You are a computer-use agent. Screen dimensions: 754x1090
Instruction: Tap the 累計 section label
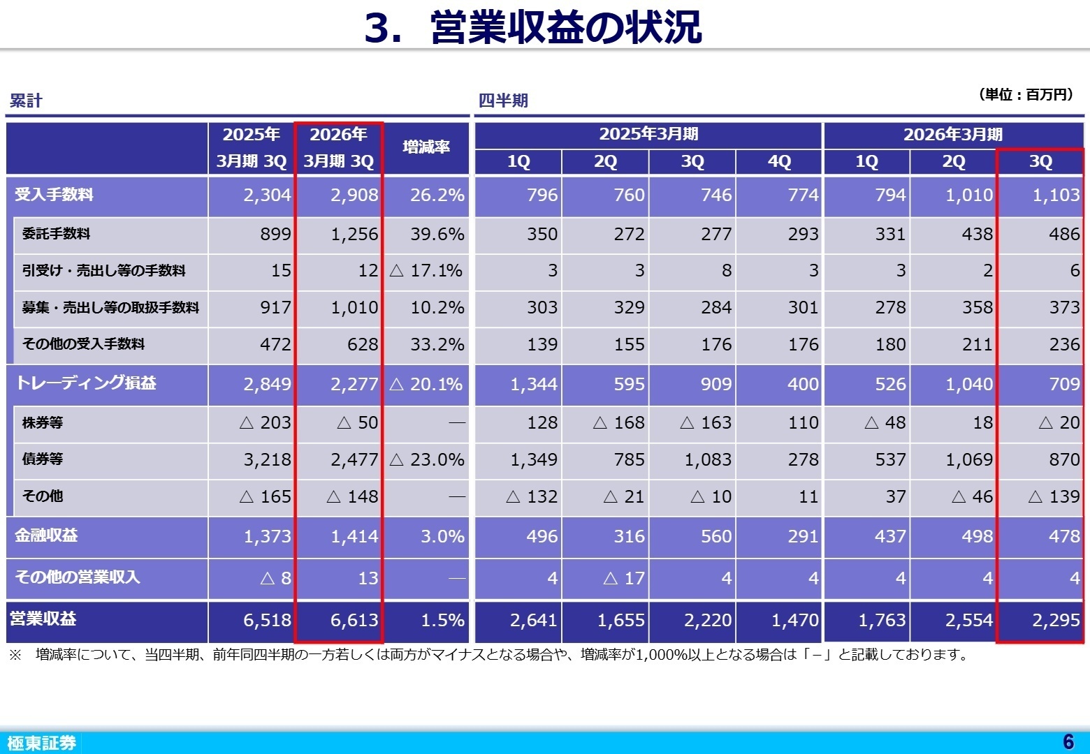click(x=26, y=101)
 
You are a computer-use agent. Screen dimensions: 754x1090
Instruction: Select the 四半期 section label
click(x=503, y=101)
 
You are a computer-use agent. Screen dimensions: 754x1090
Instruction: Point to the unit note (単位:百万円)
click(x=1026, y=94)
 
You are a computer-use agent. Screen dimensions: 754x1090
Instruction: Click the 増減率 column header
click(x=426, y=147)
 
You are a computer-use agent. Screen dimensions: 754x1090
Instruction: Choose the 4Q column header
click(x=779, y=162)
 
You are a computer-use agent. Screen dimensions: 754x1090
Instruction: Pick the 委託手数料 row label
click(x=56, y=234)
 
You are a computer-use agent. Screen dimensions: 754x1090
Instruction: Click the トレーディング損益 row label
click(x=85, y=383)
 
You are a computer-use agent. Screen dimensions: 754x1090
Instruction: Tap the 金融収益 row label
click(x=46, y=535)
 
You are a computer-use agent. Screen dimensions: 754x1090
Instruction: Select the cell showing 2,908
click(x=354, y=195)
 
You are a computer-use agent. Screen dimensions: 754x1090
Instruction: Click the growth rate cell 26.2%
click(x=437, y=195)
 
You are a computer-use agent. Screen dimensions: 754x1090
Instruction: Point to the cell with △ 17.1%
click(x=426, y=271)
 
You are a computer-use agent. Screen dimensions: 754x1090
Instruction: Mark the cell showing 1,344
click(x=534, y=384)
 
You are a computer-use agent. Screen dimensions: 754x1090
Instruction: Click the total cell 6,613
click(x=354, y=620)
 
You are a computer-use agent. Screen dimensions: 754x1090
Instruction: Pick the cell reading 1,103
click(x=1056, y=195)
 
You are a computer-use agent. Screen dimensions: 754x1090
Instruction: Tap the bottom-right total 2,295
click(x=1056, y=620)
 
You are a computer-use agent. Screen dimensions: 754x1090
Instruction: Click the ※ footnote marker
click(x=15, y=655)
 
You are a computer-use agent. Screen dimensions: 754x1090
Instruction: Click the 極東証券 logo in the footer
click(x=41, y=743)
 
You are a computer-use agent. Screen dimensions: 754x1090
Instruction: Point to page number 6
click(x=1068, y=741)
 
